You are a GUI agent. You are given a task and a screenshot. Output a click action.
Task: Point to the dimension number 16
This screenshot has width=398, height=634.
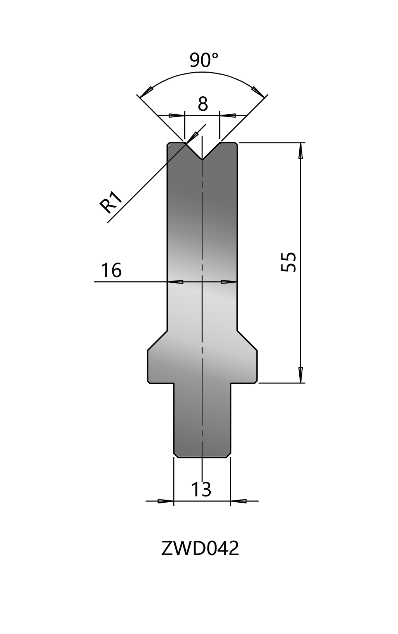pyautogui.click(x=111, y=270)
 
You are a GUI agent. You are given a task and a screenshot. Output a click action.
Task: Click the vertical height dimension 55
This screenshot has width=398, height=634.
pyautogui.click(x=289, y=262)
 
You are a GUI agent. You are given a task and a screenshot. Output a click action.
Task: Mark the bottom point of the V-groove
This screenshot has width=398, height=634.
pyautogui.click(x=202, y=159)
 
